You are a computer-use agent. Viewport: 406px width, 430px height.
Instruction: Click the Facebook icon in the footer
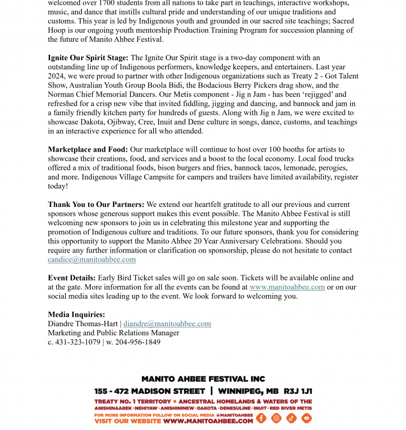[261, 418]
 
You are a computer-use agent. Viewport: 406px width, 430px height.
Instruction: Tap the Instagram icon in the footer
[276, 418]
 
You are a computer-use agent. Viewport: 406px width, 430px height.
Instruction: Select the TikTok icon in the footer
[291, 418]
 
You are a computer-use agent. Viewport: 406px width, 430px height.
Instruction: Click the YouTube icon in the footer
[306, 418]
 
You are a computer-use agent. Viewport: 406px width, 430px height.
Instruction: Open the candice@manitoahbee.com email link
[91, 260]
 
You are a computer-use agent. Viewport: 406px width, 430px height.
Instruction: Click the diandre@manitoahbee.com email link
[167, 324]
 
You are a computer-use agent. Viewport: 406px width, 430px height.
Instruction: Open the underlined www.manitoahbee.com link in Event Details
[287, 287]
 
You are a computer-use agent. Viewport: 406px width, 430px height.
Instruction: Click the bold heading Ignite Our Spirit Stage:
[88, 58]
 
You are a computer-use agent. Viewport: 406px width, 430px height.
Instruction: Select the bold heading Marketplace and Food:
[88, 149]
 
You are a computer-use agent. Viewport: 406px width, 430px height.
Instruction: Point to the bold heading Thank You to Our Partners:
[96, 205]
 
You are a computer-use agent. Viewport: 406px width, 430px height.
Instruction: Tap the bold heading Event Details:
[72, 278]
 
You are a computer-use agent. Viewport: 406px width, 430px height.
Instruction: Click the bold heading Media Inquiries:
[76, 314]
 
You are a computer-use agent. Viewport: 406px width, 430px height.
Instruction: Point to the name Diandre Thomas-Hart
[83, 324]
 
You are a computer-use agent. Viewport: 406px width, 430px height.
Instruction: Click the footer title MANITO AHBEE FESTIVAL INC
[203, 379]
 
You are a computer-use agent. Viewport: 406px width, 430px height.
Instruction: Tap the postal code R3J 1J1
[298, 391]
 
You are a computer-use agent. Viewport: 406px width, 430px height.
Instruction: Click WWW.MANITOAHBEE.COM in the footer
[208, 421]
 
